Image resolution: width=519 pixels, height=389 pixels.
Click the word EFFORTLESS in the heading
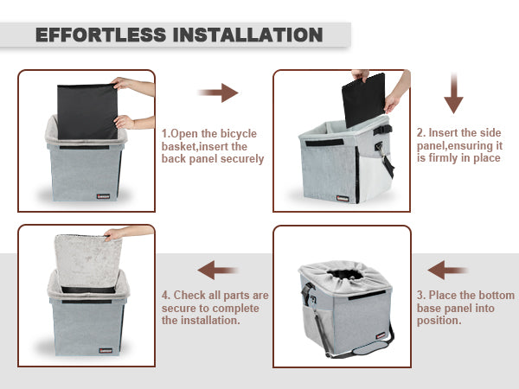(x=100, y=35)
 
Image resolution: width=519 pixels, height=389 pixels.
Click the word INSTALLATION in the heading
(x=247, y=35)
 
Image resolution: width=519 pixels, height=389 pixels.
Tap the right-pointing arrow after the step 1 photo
(x=218, y=92)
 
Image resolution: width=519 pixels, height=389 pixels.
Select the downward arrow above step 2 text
(x=453, y=93)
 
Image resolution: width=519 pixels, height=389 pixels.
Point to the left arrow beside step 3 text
(x=447, y=270)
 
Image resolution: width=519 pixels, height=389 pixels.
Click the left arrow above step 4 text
(x=217, y=270)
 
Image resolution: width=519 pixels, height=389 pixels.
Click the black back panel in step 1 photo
(x=87, y=112)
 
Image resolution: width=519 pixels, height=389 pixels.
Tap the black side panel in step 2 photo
(x=364, y=99)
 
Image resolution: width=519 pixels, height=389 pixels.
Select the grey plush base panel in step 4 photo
(x=88, y=261)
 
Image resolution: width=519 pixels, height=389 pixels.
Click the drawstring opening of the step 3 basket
(x=345, y=274)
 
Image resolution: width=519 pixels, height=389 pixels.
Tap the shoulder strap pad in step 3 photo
(x=371, y=348)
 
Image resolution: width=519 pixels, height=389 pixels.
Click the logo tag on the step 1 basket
(x=103, y=196)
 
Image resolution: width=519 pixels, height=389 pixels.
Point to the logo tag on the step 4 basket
(x=106, y=351)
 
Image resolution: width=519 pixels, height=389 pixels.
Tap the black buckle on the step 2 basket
(x=382, y=130)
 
